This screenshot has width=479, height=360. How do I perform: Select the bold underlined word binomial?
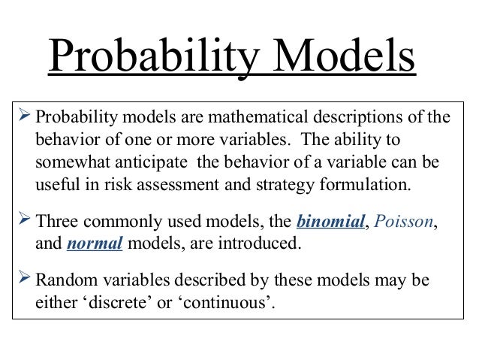328,222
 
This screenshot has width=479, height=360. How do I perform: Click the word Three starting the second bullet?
57,222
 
